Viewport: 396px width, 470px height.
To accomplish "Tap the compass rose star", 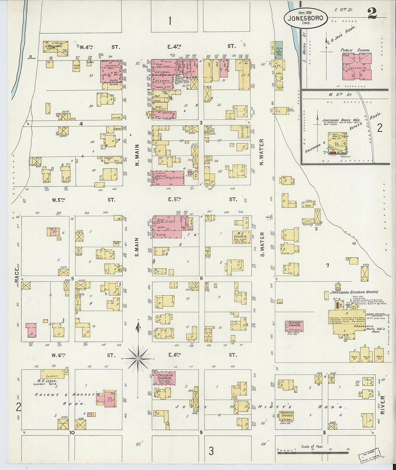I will pos(138,358).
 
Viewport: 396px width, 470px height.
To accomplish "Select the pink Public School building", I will pos(357,67).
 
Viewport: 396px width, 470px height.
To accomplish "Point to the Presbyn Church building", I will pos(164,379).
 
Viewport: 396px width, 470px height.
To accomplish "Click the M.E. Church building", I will pos(239,237).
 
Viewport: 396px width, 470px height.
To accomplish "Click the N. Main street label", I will pos(137,155).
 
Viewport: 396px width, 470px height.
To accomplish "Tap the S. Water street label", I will pos(262,245).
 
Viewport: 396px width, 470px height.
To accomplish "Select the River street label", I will pos(382,405).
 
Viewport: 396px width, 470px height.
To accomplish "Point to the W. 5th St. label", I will pos(58,200).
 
